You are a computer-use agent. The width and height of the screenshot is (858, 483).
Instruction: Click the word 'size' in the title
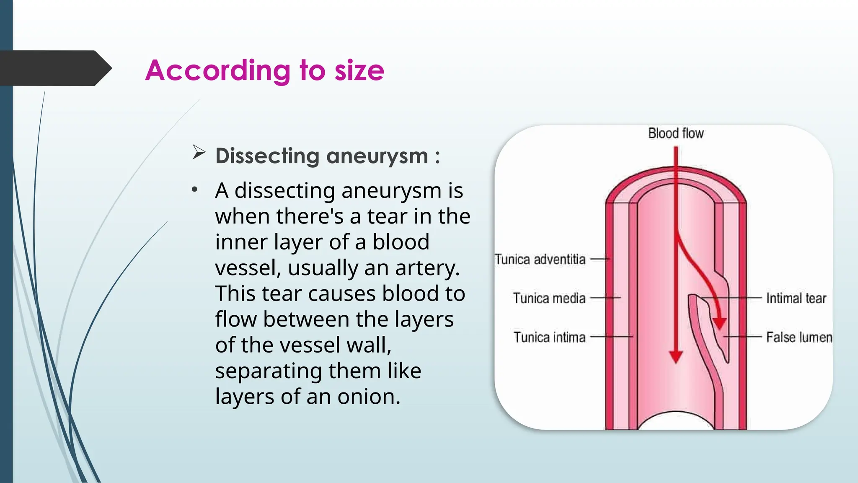click(x=359, y=70)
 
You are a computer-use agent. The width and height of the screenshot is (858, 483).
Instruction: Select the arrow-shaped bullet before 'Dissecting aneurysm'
click(x=199, y=152)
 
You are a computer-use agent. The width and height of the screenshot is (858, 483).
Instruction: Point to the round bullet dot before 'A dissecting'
click(x=194, y=190)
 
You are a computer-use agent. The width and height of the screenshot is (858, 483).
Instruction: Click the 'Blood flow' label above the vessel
click(x=676, y=133)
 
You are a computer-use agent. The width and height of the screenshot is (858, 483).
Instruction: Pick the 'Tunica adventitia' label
click(x=540, y=259)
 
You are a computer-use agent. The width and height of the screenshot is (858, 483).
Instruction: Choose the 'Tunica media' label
click(x=549, y=298)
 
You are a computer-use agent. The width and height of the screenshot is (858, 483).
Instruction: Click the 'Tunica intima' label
click(x=549, y=337)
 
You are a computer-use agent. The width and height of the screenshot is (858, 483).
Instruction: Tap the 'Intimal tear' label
click(x=796, y=298)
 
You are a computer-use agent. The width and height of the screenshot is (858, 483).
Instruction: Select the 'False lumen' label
click(x=799, y=337)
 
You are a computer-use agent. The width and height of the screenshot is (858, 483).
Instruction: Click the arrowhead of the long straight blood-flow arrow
click(x=676, y=357)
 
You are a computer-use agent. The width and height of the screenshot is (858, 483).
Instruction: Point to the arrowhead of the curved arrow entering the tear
click(x=719, y=323)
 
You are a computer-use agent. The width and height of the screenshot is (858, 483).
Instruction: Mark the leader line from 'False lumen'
click(x=742, y=337)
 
